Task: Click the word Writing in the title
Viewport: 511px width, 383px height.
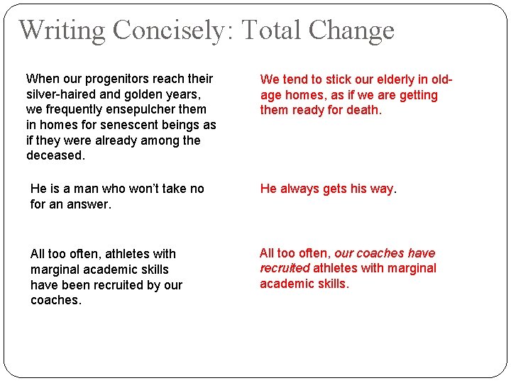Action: [62, 30]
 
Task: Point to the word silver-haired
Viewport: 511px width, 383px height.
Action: [62, 94]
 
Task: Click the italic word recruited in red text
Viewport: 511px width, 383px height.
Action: [285, 268]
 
